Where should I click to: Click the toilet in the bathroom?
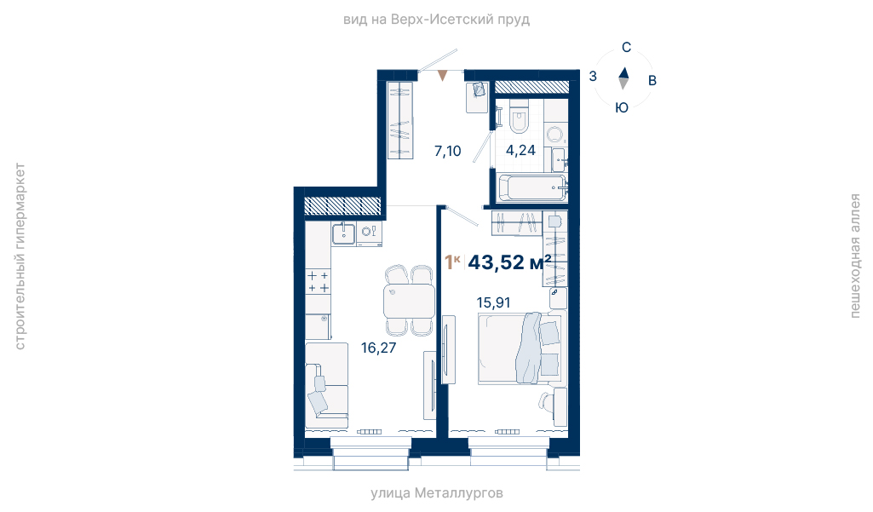click(x=519, y=117)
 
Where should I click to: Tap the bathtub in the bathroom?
click(x=532, y=187)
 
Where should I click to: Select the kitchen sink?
click(x=343, y=233)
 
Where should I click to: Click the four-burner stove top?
click(x=318, y=281)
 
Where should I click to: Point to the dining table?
click(x=409, y=301)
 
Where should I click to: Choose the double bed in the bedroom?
click(x=521, y=348)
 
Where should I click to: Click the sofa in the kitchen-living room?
click(x=326, y=386)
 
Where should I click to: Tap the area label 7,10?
click(x=448, y=151)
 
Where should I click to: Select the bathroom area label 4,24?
click(x=520, y=151)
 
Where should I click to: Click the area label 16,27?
click(x=379, y=348)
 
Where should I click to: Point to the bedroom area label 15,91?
click(x=493, y=302)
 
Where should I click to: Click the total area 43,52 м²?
click(x=510, y=262)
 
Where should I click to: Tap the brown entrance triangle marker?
click(x=442, y=75)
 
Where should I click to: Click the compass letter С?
click(x=626, y=48)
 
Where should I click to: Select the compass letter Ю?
click(x=622, y=107)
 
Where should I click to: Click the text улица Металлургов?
click(x=437, y=493)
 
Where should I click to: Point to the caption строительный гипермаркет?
click(x=20, y=256)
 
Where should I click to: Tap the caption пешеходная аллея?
click(x=854, y=256)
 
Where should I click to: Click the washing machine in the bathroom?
click(x=555, y=135)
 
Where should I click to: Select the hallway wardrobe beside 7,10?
click(x=399, y=120)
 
